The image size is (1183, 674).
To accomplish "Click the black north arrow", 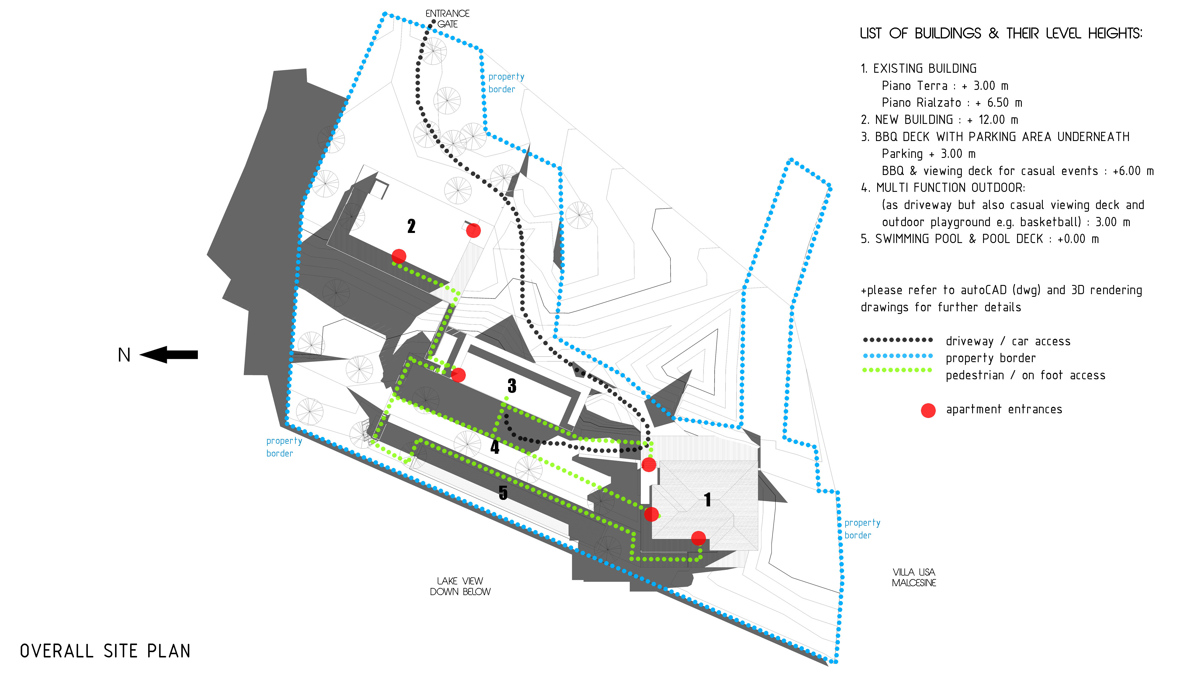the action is tap(169, 355).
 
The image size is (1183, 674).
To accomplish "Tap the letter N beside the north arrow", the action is tap(124, 355).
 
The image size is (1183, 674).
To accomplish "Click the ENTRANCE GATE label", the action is tap(447, 19).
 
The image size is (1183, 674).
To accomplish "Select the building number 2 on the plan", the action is tap(411, 226).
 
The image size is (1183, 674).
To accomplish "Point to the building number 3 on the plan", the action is tap(512, 385).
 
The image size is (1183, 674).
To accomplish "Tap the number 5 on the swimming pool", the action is tap(503, 492).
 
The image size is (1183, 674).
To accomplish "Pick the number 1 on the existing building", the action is tap(707, 500).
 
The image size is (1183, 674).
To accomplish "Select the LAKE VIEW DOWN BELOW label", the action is tap(460, 586).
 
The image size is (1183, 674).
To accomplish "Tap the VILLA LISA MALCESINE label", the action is tap(914, 577).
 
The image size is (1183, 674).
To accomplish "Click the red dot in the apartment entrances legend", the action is tap(928, 410).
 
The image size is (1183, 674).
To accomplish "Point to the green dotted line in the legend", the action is tap(897, 370).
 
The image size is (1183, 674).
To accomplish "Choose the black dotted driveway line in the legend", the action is tap(897, 340).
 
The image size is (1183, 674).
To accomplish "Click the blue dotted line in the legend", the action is tap(897, 356).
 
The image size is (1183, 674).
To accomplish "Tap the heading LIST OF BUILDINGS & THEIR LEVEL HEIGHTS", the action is tap(1001, 34).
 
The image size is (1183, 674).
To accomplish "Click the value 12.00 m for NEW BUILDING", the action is tap(998, 120).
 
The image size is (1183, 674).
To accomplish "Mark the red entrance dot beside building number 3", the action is tap(458, 375).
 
